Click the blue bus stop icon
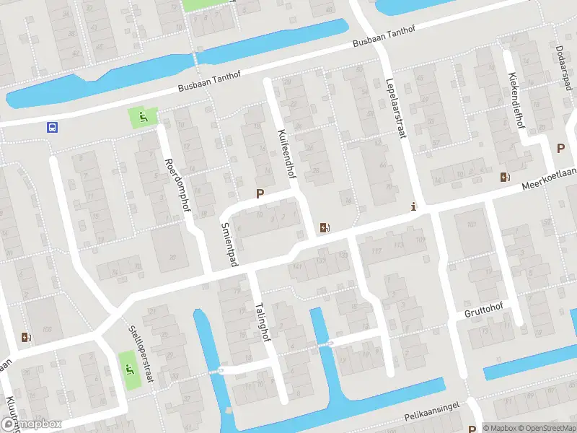pos(52,128)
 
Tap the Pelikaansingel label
pos(432,416)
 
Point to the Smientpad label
pos(229,244)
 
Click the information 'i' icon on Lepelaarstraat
pos(413,206)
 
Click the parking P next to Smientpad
pos(260,193)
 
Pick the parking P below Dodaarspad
pos(560,148)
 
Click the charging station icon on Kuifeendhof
pos(325,228)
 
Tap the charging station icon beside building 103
pos(27,337)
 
